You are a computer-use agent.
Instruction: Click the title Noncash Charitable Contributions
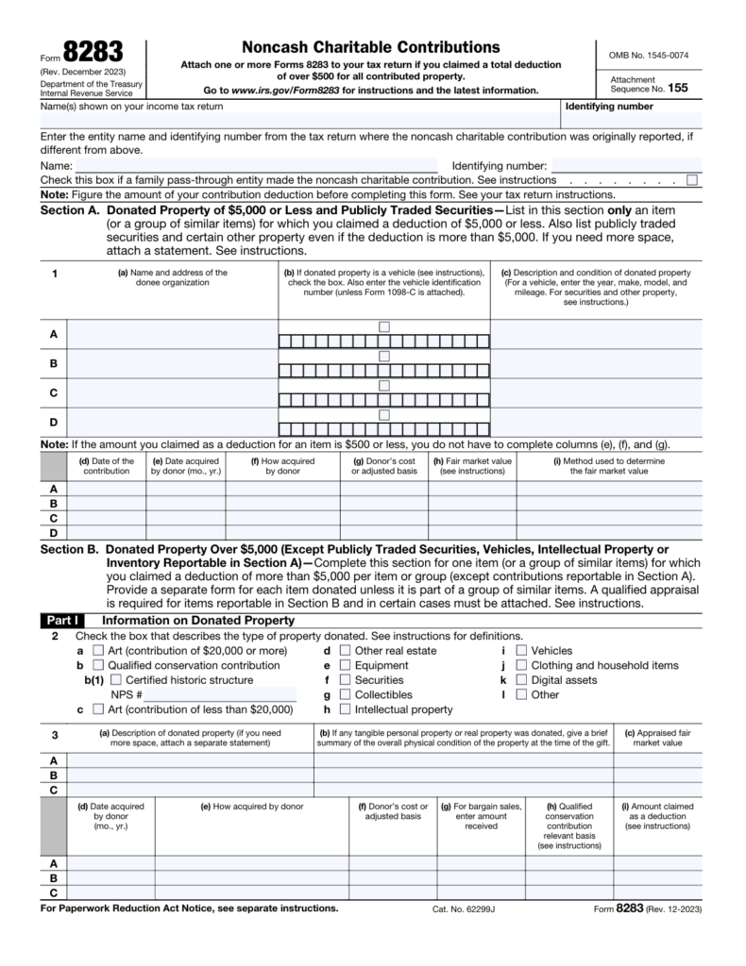(x=371, y=46)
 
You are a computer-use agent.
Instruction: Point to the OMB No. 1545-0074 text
(x=649, y=55)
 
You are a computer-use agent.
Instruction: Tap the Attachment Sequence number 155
(x=677, y=87)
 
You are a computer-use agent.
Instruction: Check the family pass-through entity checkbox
(x=692, y=179)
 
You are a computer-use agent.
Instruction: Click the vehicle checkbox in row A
(x=384, y=327)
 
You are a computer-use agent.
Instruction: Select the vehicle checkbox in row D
(x=384, y=414)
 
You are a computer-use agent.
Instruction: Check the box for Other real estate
(x=345, y=651)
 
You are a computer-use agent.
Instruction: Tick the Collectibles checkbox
(x=345, y=695)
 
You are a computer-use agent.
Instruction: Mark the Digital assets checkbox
(x=521, y=680)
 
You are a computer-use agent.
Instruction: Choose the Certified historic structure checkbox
(x=116, y=680)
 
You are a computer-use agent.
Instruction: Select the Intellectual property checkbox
(x=345, y=709)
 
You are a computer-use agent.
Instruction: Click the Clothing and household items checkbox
(x=521, y=665)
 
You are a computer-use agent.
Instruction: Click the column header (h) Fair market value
(x=472, y=466)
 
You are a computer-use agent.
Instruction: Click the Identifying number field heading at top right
(x=608, y=107)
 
